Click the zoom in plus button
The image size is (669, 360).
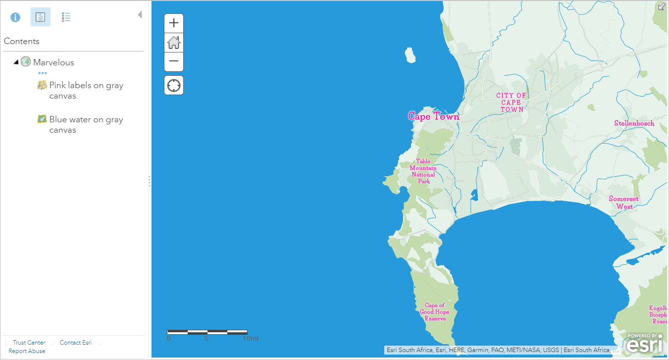click(x=174, y=23)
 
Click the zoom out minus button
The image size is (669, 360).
click(x=174, y=61)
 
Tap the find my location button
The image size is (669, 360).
click(x=174, y=85)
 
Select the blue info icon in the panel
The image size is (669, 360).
click(x=15, y=17)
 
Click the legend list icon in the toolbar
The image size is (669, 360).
click(x=66, y=17)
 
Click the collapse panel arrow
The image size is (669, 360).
click(x=140, y=15)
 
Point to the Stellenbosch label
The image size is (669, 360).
click(x=634, y=123)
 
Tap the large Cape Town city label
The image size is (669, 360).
click(x=433, y=116)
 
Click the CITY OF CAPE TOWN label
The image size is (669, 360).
click(x=512, y=103)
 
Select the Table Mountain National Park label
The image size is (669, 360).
click(x=423, y=171)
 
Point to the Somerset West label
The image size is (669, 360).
click(x=623, y=203)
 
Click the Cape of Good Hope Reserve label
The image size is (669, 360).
click(x=435, y=312)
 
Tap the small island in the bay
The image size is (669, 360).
click(x=410, y=55)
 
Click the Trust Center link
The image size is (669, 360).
click(x=29, y=343)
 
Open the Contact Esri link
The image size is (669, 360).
click(x=76, y=343)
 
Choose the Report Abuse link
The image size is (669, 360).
click(x=27, y=351)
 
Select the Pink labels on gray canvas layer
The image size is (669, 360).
click(x=86, y=91)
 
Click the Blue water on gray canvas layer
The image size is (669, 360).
click(x=86, y=125)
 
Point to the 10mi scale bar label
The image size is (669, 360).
click(x=250, y=339)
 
